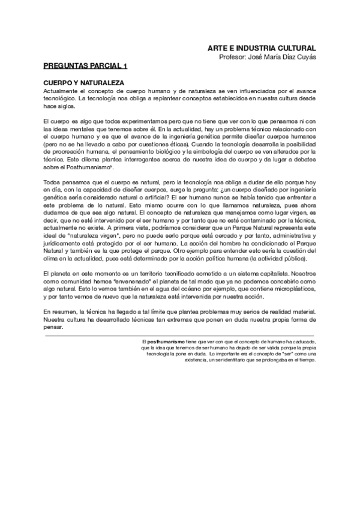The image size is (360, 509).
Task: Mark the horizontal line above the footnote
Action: pyautogui.click(x=180, y=335)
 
